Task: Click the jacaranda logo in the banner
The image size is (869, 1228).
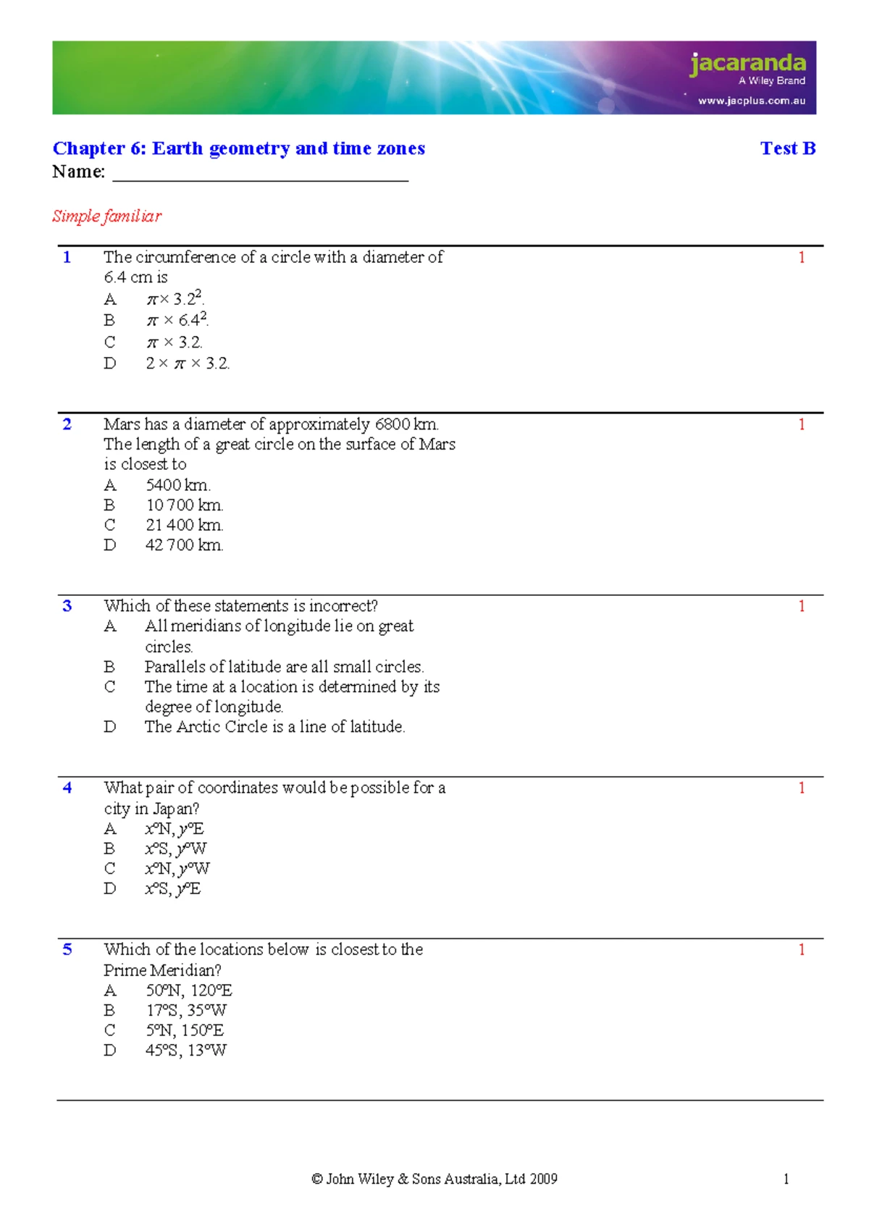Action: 747,64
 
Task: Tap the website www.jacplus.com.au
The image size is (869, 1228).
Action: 752,101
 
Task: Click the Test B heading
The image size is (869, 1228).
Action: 788,148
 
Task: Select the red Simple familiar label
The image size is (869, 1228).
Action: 106,216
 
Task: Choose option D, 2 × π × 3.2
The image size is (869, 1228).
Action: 188,363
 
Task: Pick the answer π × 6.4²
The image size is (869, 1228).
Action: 177,320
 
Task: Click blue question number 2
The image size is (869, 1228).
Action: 67,424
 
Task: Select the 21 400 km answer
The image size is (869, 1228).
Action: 184,525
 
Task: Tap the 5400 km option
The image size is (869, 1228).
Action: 178,485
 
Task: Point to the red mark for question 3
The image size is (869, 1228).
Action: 801,606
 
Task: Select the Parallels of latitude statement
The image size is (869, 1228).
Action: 284,667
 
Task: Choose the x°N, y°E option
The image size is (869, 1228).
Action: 175,829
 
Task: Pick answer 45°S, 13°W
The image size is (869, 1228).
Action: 186,1051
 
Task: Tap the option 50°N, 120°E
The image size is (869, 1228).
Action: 189,991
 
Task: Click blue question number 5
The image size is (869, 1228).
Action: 67,949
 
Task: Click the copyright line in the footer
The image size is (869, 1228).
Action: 434,1179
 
